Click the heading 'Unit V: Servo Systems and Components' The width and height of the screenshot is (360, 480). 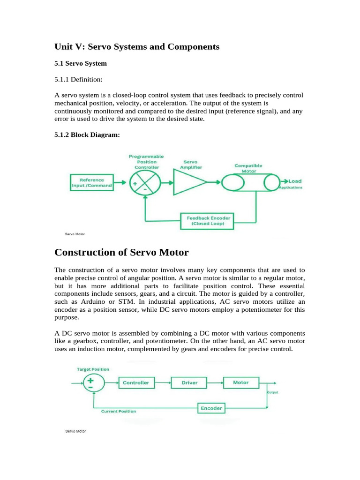click(137, 47)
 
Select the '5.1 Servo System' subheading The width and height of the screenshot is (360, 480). click(81, 63)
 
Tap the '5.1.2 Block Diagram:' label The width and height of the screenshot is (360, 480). click(87, 135)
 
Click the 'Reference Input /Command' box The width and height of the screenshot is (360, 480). click(92, 182)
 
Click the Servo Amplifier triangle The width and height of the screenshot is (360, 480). click(189, 182)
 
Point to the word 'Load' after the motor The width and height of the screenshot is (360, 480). click(295, 181)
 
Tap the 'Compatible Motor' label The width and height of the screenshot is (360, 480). click(248, 168)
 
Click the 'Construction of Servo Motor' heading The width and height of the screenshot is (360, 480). click(121, 253)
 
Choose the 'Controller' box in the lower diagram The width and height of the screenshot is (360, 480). click(136, 382)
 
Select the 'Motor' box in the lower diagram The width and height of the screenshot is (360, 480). click(241, 382)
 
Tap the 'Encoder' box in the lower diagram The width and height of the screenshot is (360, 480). click(211, 408)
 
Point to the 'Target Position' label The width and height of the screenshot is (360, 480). click(93, 369)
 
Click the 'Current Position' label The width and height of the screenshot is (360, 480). click(119, 411)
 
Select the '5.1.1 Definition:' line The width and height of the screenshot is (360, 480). click(78, 80)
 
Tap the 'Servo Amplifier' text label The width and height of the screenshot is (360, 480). click(190, 164)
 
